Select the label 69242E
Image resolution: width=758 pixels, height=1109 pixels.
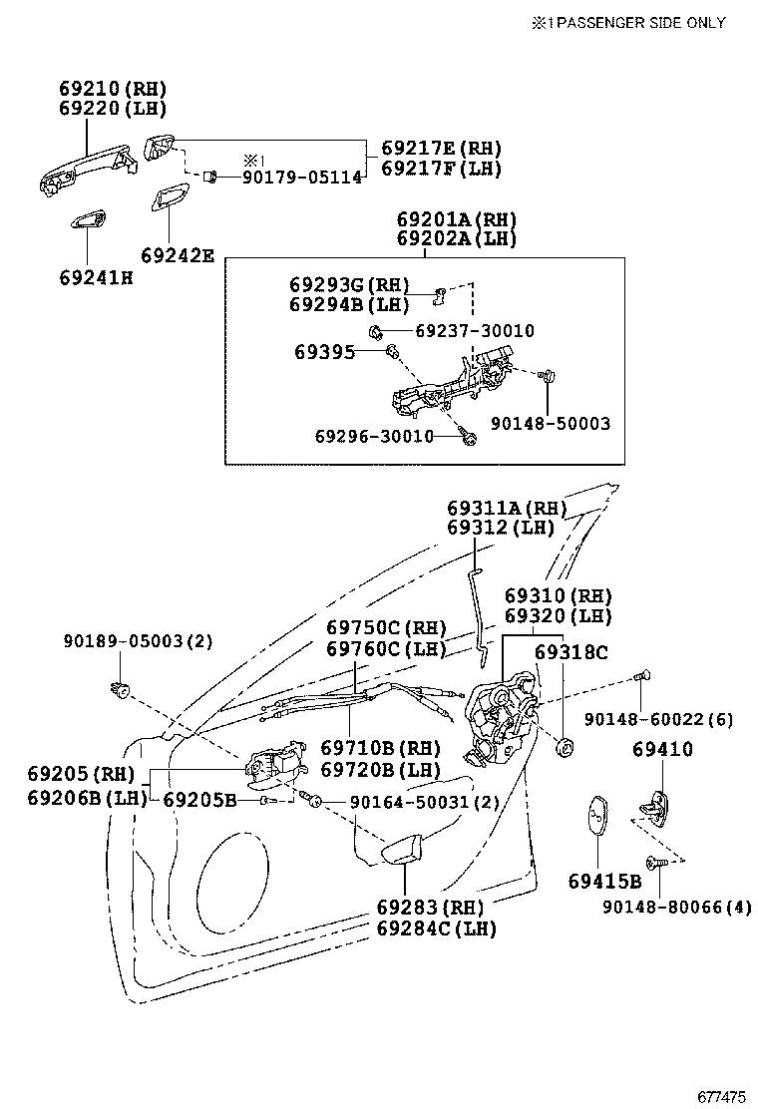coord(177,255)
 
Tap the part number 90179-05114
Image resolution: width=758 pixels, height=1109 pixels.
coord(301,177)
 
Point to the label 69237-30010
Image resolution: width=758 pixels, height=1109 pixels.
coord(460,331)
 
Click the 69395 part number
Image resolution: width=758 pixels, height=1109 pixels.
coord(323,352)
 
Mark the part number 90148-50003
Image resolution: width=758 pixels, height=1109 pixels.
coord(550,424)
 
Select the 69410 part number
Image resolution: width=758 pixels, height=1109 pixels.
coord(662,749)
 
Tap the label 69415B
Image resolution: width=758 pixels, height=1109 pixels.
coord(604,882)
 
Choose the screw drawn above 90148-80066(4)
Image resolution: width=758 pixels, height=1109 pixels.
coord(655,863)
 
